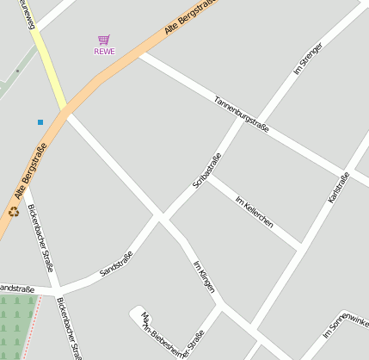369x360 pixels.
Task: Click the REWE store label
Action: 103,51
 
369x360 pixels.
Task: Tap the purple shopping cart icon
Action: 103,40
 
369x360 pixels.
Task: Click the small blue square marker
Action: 40,122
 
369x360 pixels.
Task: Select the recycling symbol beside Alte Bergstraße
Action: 14,211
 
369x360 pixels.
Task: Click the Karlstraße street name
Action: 339,188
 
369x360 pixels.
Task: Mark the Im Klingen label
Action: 204,276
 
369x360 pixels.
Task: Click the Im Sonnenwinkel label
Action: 346,321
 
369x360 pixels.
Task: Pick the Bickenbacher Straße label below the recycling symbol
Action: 40,238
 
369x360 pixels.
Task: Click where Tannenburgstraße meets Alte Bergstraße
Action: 139,53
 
